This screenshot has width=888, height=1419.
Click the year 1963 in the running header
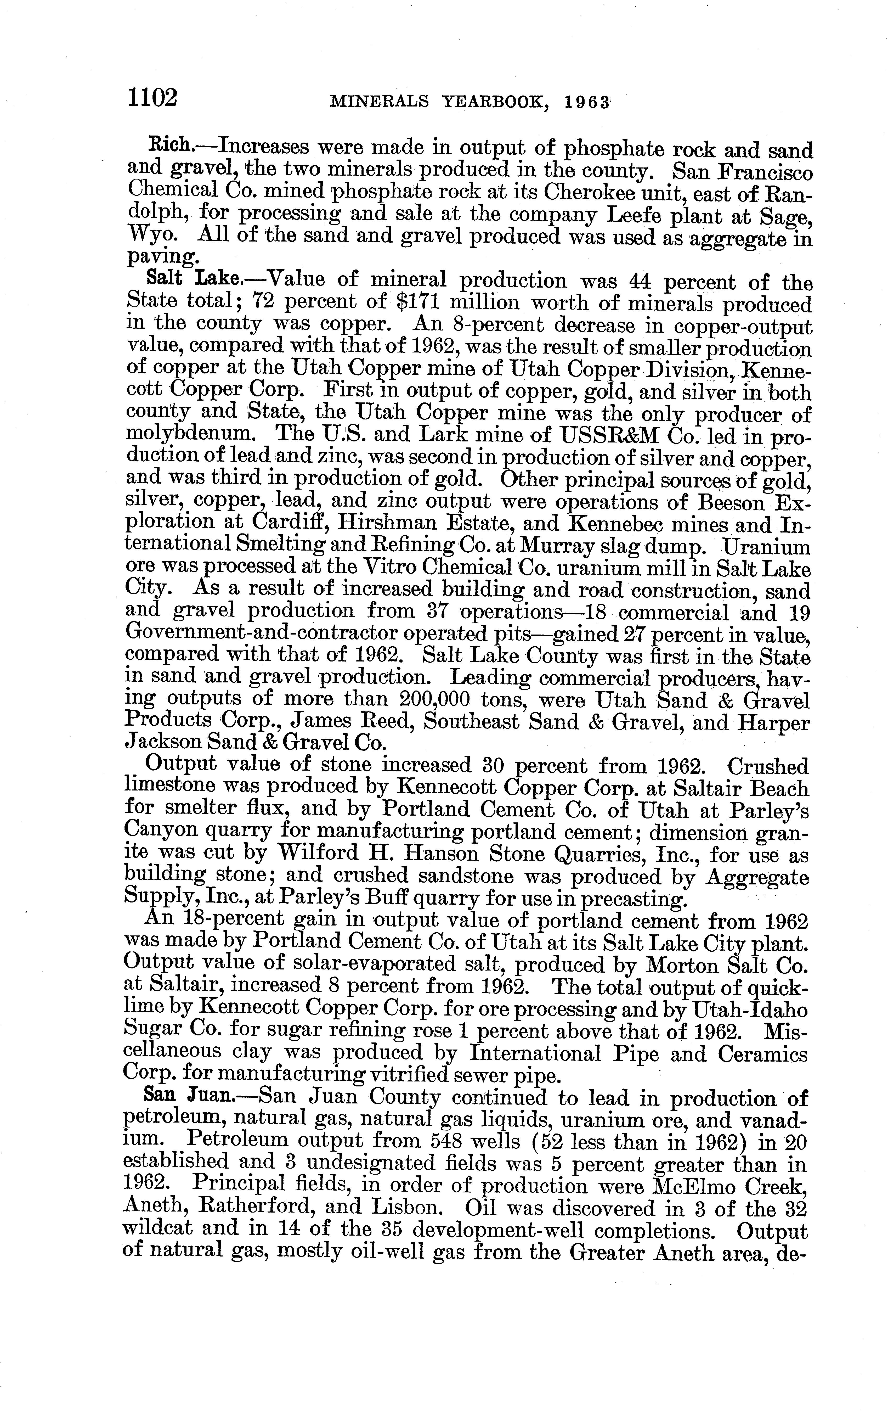584,102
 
